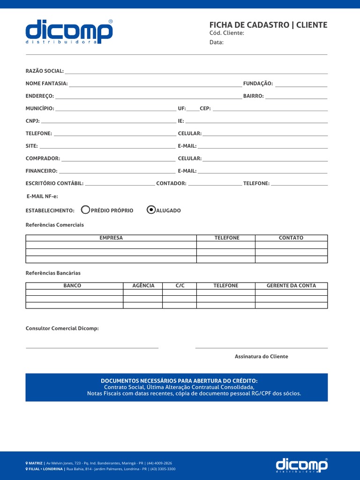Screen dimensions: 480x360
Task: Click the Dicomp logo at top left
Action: tap(69, 31)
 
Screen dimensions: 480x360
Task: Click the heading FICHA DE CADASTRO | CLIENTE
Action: tap(268, 25)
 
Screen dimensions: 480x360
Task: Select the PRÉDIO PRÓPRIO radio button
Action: tap(85, 210)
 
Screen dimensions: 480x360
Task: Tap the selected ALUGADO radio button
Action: tap(151, 210)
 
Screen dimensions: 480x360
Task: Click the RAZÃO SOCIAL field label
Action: tap(45, 71)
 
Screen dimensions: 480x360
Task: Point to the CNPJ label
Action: tap(32, 121)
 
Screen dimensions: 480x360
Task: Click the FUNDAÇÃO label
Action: tap(258, 83)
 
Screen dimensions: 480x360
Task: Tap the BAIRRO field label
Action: tap(253, 96)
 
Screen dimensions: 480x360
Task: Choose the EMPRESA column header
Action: tap(111, 238)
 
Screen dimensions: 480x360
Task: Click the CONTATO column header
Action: tap(291, 238)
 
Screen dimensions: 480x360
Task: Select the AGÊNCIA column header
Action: tap(143, 285)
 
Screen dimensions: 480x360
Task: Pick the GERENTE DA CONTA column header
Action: tap(291, 285)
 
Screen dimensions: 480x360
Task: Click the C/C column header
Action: tap(180, 285)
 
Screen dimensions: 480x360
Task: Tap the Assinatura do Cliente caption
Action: tap(262, 357)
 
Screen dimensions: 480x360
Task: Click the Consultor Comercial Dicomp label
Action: tap(62, 329)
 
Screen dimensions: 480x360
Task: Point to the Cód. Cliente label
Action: tap(226, 33)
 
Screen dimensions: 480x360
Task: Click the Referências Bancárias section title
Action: tap(53, 273)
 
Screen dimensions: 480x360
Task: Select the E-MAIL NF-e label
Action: tap(42, 196)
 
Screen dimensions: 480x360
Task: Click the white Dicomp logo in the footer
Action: tap(302, 465)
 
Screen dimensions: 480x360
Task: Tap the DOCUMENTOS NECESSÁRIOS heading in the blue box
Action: tap(179, 381)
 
